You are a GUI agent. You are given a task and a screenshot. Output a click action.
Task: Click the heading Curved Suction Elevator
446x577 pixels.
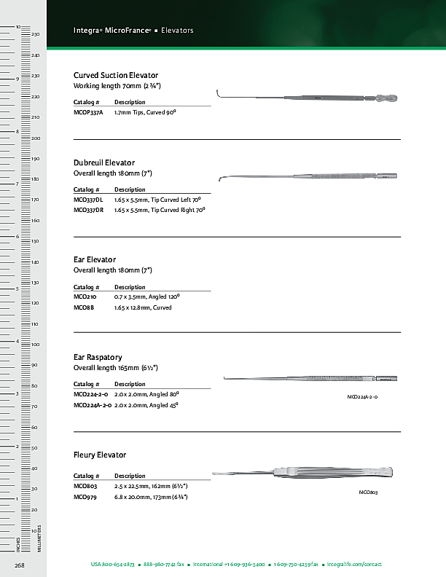click(x=116, y=75)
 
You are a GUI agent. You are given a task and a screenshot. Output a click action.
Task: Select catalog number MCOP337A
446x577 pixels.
click(x=88, y=114)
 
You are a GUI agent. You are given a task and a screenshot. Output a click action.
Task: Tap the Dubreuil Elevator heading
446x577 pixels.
click(x=104, y=162)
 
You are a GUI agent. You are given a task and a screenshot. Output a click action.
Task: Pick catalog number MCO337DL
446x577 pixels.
click(x=89, y=199)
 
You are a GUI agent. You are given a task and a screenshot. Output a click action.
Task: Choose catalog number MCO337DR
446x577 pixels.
click(x=89, y=209)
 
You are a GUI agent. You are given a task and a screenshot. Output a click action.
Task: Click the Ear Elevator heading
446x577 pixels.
click(x=95, y=259)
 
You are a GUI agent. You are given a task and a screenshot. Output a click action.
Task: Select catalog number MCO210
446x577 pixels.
click(x=85, y=297)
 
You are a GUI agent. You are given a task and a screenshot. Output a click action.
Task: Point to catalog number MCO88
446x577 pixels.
click(x=83, y=307)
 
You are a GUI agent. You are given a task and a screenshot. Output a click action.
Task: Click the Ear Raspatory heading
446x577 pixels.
click(x=98, y=357)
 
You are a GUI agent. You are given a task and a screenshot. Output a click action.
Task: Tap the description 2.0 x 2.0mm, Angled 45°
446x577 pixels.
click(x=146, y=404)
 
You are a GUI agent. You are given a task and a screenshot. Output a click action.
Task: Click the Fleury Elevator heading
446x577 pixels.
click(x=100, y=455)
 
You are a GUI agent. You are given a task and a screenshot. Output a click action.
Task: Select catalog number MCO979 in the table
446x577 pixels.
click(x=85, y=496)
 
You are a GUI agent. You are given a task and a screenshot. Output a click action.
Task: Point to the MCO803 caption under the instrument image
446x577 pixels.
click(x=368, y=493)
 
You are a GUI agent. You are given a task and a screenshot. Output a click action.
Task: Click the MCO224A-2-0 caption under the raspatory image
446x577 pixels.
click(x=362, y=396)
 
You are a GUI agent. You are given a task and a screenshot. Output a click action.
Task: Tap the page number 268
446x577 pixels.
click(x=20, y=565)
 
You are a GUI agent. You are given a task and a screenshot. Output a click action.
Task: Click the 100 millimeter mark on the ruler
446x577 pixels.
click(x=35, y=344)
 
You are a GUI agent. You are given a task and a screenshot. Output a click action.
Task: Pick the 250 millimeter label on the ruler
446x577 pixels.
click(x=35, y=35)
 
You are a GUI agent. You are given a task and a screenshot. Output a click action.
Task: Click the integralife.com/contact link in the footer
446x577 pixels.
click(x=354, y=565)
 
